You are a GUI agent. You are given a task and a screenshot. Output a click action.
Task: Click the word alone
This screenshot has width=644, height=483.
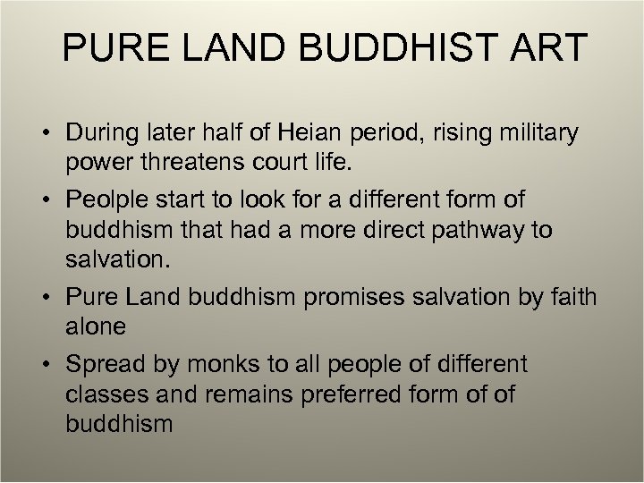[x=96, y=326]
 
